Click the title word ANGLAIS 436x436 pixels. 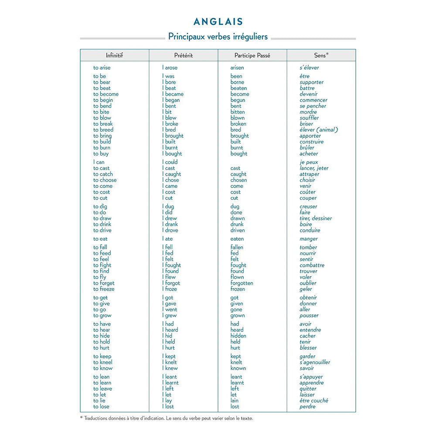click(x=218, y=22)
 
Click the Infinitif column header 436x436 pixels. click(x=114, y=55)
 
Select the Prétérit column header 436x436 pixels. click(x=183, y=55)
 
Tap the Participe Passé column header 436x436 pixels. click(x=252, y=55)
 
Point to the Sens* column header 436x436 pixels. click(x=321, y=55)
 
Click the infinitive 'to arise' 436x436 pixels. click(x=102, y=68)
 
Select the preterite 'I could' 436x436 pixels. click(x=170, y=162)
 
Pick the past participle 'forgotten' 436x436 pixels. click(x=242, y=283)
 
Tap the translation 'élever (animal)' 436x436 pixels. click(x=319, y=130)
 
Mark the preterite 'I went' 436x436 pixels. click(x=170, y=310)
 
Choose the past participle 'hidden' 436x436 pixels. click(x=238, y=336)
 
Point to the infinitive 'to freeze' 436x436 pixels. click(x=104, y=289)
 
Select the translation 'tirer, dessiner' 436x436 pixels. click(x=316, y=218)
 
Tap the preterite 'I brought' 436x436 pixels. click(x=173, y=136)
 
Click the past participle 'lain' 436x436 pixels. click(x=235, y=401)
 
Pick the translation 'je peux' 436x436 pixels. click(x=309, y=162)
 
